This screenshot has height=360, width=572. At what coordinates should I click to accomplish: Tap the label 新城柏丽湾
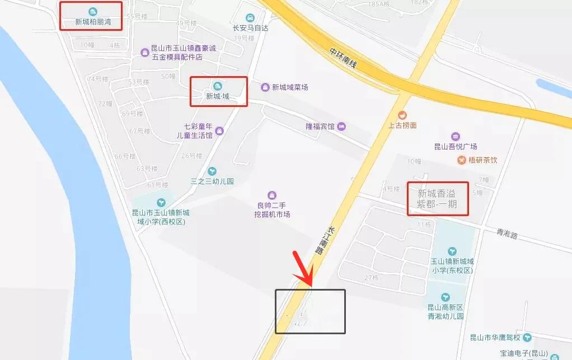[x=92, y=23]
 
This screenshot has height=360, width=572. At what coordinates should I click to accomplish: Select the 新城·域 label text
[x=218, y=96]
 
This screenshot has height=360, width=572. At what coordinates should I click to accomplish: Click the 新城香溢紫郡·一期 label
[x=437, y=199]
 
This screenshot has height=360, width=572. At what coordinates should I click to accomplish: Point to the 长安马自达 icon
[x=250, y=17]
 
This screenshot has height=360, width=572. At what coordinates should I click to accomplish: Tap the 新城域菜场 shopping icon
[x=265, y=87]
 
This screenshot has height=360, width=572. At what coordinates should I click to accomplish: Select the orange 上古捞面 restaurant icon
[x=402, y=115]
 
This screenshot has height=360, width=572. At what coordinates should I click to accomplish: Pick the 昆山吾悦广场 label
[x=456, y=147]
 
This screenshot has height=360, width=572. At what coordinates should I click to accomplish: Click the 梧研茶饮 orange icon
[x=461, y=160]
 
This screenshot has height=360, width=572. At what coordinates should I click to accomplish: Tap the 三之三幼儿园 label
[x=212, y=181]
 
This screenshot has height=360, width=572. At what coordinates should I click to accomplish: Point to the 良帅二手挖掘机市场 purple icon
[x=272, y=194]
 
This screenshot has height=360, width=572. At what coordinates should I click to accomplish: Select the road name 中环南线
[x=343, y=57]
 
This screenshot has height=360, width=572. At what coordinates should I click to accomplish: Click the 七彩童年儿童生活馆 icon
[x=219, y=130]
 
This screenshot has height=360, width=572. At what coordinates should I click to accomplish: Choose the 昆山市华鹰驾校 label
[x=495, y=338]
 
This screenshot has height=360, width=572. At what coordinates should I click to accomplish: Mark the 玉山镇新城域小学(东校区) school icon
[x=452, y=251]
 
